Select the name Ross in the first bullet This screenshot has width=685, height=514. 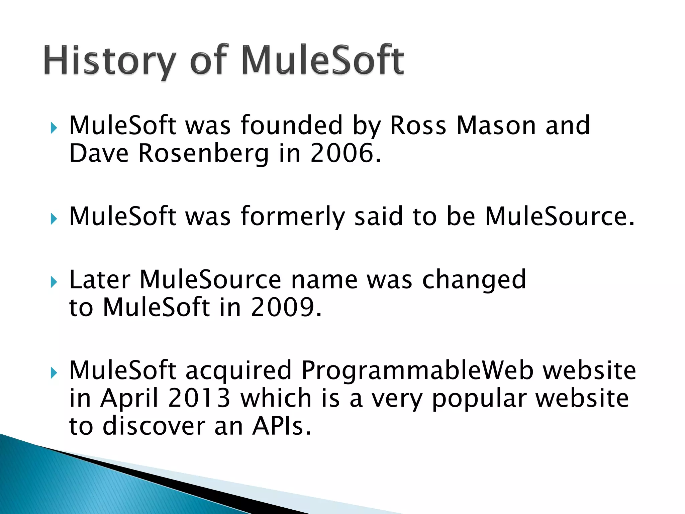coord(418,125)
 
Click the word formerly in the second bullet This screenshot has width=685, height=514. coord(292,217)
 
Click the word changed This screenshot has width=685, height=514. coord(474,280)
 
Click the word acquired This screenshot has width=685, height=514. coord(238,371)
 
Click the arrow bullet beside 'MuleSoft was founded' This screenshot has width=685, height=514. coord(54,128)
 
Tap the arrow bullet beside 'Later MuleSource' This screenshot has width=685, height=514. coord(54,282)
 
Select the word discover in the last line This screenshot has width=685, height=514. coord(154,426)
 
